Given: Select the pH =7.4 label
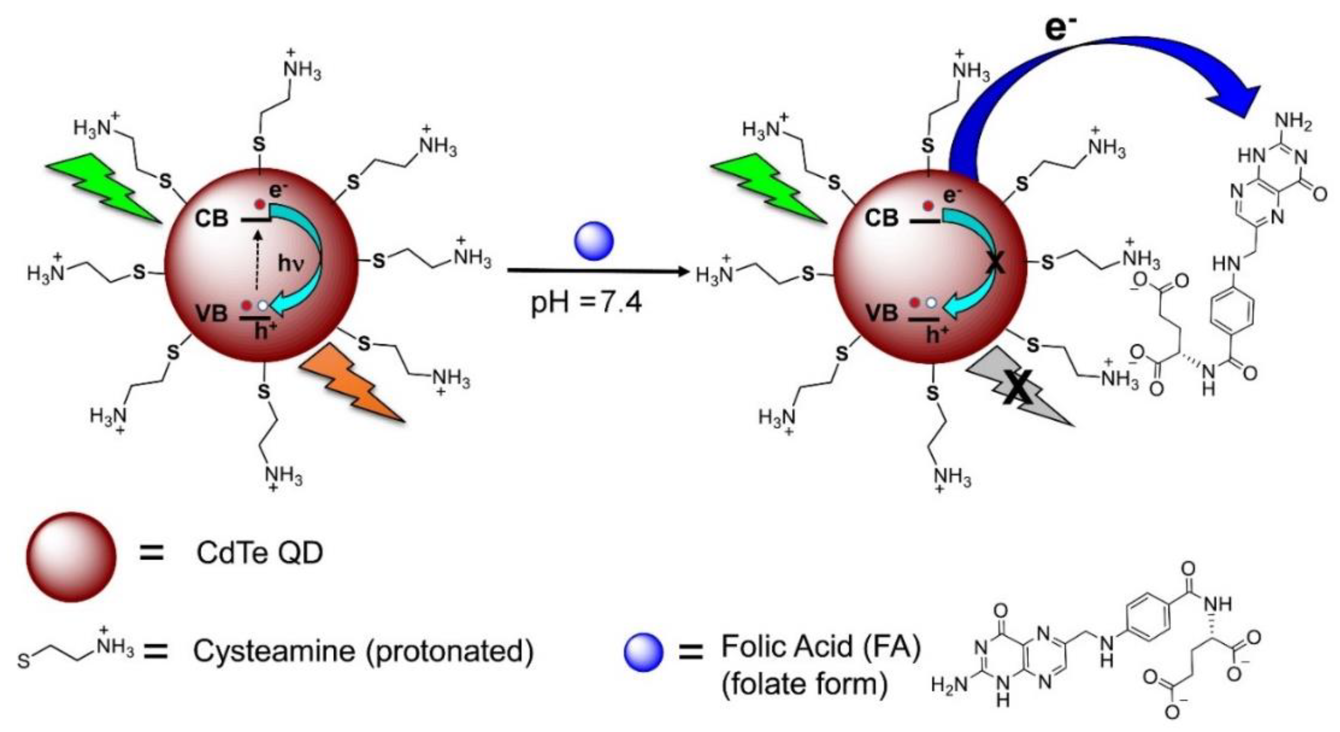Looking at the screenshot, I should (586, 303).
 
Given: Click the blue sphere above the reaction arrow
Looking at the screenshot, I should (593, 241).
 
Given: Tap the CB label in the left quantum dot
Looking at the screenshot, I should (212, 219).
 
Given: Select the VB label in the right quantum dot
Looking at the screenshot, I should (882, 313).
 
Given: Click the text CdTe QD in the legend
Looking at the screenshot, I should (260, 553).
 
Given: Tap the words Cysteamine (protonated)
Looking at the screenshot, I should (363, 651).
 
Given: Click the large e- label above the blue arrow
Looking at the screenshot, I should (1061, 29).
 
